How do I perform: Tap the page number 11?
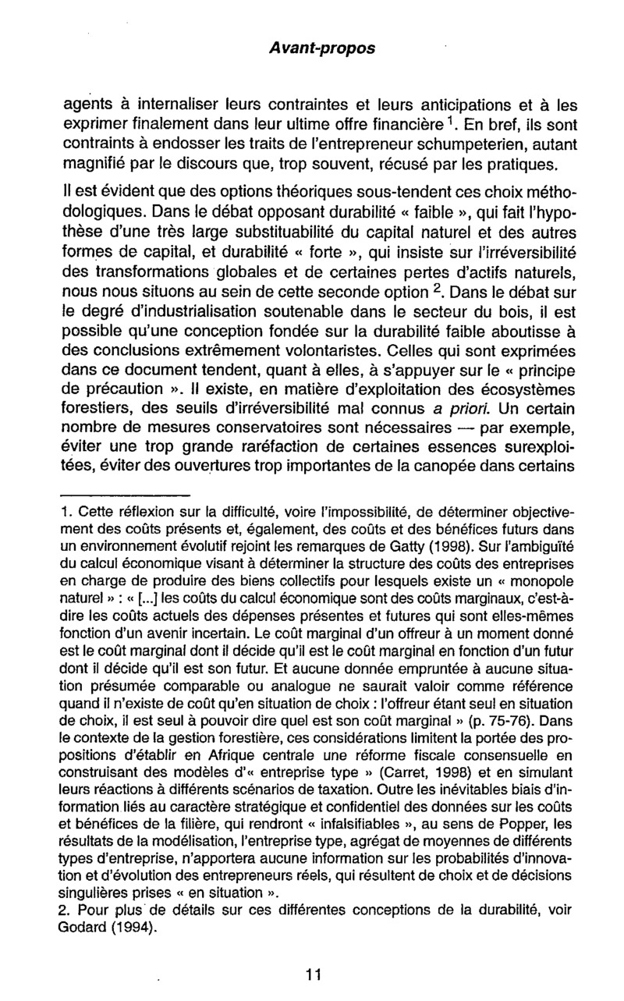(314, 973)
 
